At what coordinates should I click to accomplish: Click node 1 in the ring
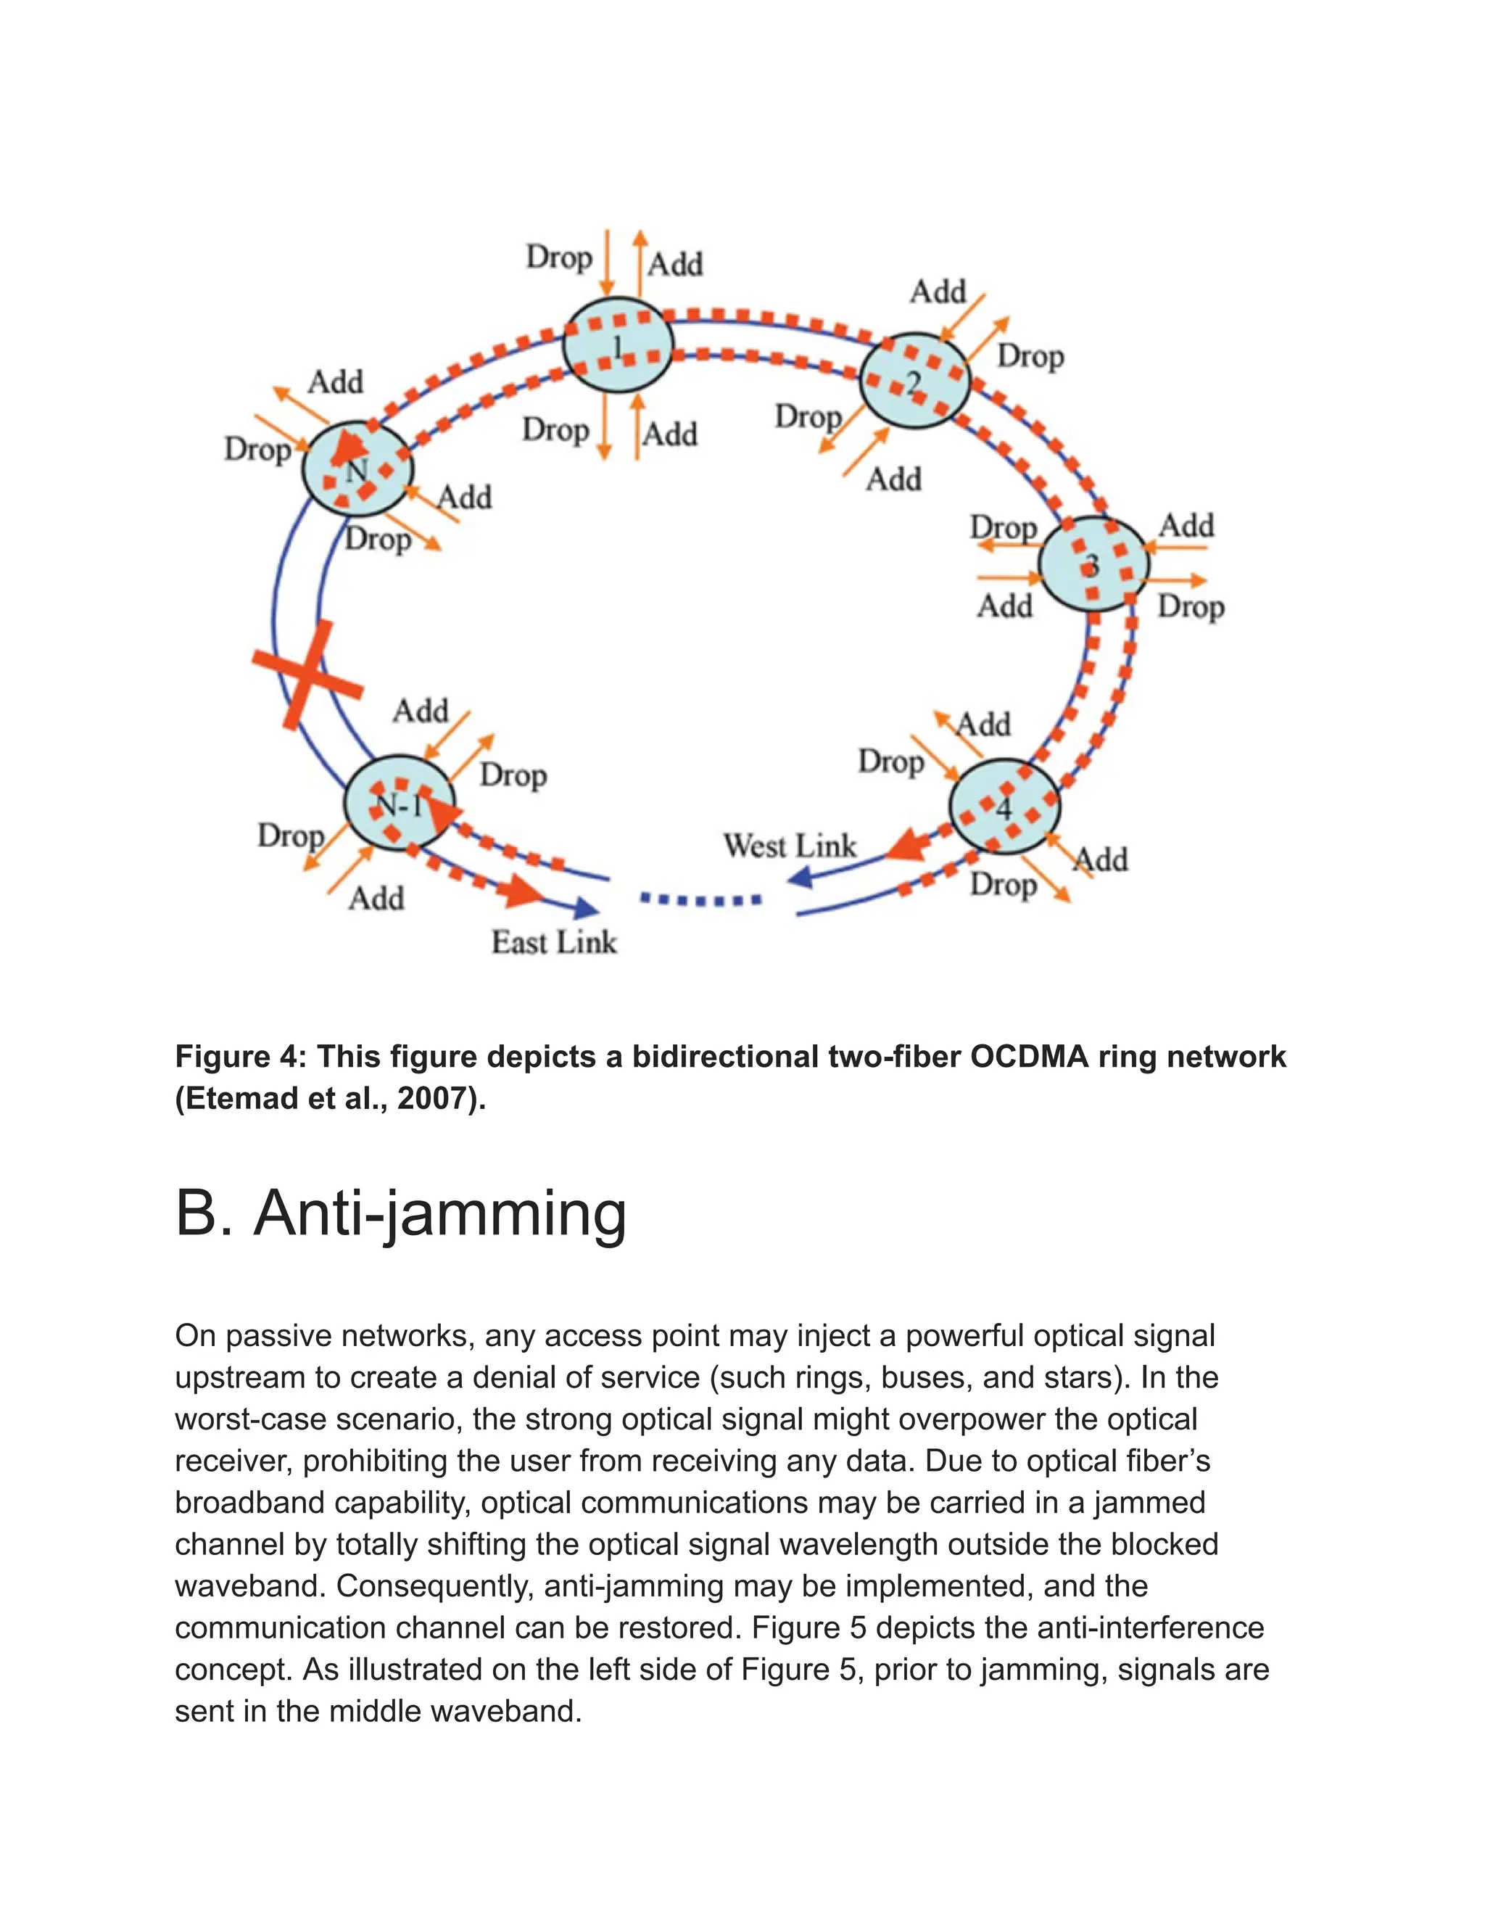pos(618,345)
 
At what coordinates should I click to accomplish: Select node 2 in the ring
pos(914,381)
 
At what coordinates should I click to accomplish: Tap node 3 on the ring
pos(1093,564)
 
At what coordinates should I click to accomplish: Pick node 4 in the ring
pos(1005,807)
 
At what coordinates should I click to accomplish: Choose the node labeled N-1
pos(399,803)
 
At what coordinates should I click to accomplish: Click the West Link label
pos(789,846)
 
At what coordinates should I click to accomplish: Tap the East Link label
pos(553,943)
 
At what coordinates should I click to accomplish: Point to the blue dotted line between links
pos(701,899)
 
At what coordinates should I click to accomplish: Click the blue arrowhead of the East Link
pos(585,907)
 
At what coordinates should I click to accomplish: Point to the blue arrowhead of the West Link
pos(799,878)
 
